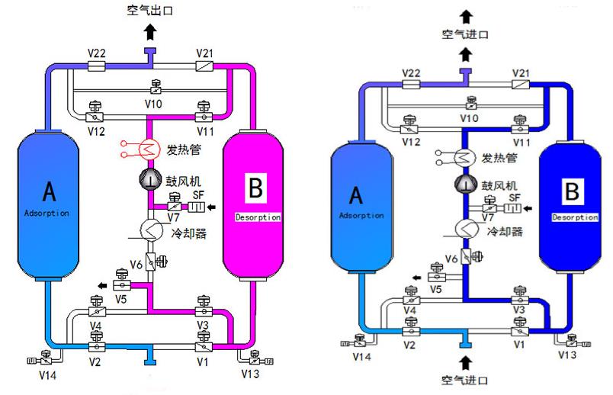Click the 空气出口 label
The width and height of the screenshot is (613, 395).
tap(150, 10)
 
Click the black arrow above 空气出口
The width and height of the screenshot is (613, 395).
tap(151, 31)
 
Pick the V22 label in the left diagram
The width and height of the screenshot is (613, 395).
tap(96, 53)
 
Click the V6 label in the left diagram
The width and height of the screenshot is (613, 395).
tap(136, 265)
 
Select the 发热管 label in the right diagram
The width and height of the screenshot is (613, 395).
tap(500, 158)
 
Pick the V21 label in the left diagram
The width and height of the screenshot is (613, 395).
tap(205, 53)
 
